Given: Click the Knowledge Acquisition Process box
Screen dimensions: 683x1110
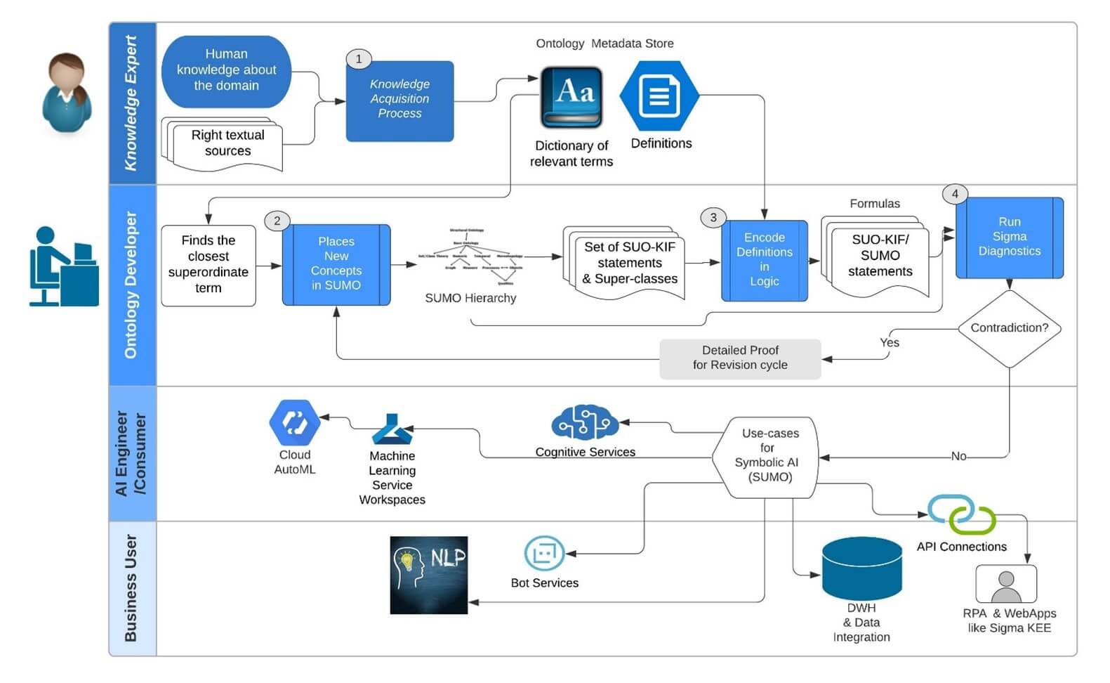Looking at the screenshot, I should point(399,100).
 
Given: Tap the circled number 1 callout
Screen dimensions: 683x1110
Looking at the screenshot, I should point(359,59).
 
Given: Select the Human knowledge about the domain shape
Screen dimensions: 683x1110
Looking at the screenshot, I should point(226,70).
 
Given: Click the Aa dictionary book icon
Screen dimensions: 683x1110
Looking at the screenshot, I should point(571,97).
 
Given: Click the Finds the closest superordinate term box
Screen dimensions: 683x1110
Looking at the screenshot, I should point(208,265).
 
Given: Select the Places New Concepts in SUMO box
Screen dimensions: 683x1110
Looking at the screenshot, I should point(336,264).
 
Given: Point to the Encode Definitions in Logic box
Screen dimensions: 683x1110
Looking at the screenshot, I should point(764,260).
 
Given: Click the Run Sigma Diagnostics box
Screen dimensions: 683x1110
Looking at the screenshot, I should point(1009,238).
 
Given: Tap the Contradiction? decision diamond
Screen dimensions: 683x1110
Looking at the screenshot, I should point(1009,328).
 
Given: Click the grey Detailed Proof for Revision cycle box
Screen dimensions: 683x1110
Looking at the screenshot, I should point(740,358).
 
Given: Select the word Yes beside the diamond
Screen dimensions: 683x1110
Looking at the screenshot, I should point(889,343).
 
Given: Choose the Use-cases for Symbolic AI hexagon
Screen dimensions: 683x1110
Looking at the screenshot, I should point(767,457).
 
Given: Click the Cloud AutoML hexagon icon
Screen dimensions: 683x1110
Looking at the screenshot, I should point(294,422).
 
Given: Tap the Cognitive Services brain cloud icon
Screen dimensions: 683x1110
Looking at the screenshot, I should point(584,424).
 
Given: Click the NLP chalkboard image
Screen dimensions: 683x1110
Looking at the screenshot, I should point(428,575).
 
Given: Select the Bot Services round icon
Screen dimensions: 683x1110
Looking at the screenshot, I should point(544,553).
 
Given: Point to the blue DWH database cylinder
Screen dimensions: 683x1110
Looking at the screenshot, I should point(861,568).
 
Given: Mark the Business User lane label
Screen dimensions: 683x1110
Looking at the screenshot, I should point(131,588).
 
